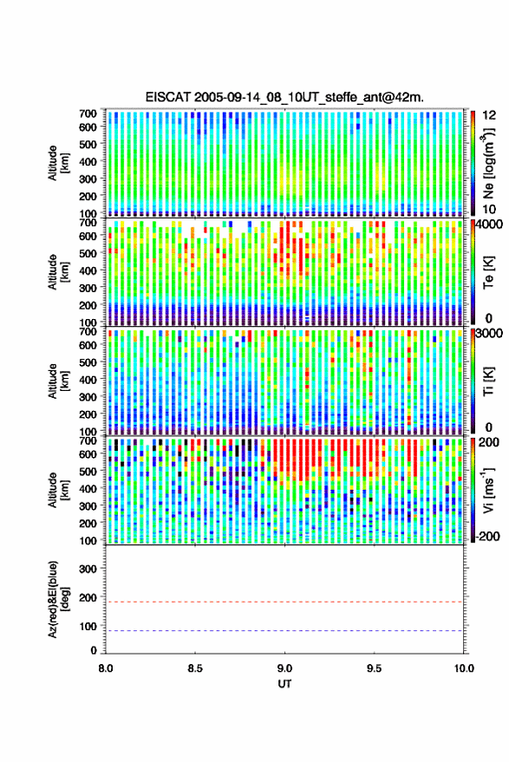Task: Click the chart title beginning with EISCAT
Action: point(284,97)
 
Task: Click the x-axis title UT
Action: point(284,684)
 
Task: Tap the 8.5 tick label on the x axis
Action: point(195,668)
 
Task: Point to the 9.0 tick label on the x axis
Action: point(284,668)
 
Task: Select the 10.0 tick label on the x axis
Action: point(464,668)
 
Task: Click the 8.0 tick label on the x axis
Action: point(106,668)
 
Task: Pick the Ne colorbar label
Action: point(488,163)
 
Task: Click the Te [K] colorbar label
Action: point(488,272)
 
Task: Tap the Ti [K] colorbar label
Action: point(488,381)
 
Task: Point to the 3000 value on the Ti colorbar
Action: point(489,333)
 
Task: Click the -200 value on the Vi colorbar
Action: point(487,537)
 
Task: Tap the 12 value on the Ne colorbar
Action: point(489,115)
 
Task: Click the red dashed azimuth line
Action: point(284,602)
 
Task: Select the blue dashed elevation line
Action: point(284,631)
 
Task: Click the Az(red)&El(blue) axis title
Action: point(58,599)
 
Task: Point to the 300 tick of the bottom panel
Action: point(88,569)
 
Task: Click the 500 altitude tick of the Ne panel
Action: point(88,144)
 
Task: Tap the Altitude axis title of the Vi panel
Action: point(58,490)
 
